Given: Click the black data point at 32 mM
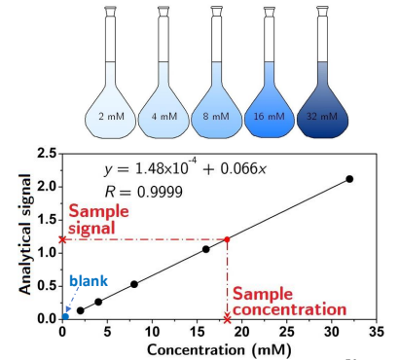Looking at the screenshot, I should [x=349, y=179].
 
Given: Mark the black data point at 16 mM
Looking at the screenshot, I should [x=206, y=249].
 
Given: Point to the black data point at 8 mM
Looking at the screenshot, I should [x=134, y=284].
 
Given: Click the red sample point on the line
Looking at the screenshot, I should [x=227, y=239].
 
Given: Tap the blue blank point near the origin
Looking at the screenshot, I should [x=65, y=316].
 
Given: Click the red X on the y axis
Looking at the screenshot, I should [x=62, y=239].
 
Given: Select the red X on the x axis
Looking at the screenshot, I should [x=227, y=318].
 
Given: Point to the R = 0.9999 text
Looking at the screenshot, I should [x=143, y=193].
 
